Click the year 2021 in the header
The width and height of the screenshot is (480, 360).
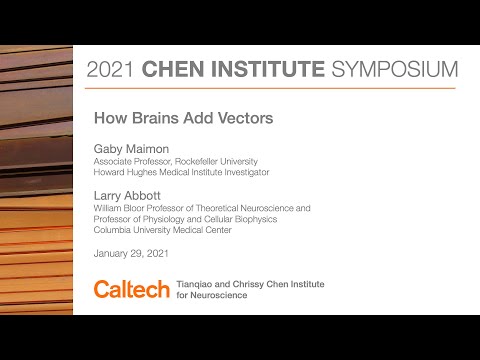click(112, 70)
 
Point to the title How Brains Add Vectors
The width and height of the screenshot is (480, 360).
click(183, 117)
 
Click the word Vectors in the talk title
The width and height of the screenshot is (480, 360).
click(245, 117)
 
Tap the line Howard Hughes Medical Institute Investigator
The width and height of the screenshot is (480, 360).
click(181, 172)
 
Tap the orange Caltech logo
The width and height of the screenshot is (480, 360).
click(131, 289)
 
